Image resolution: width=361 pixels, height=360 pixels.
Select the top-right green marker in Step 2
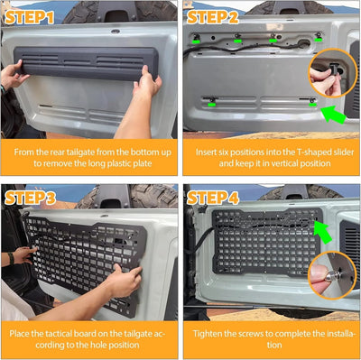(x=319, y=39)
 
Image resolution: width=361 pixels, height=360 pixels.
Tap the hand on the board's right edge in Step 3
(x=125, y=279)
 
